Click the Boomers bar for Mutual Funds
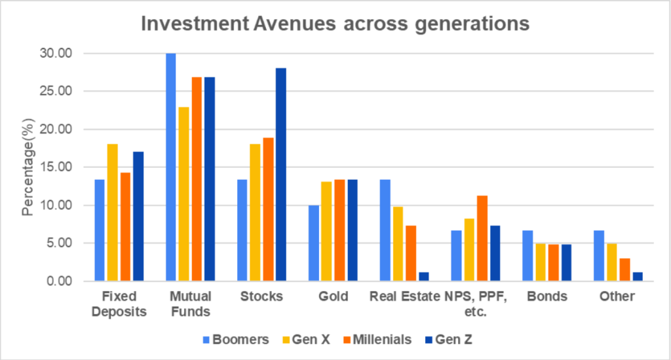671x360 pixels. pyautogui.click(x=171, y=167)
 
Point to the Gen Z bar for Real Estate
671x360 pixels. pyautogui.click(x=424, y=277)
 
